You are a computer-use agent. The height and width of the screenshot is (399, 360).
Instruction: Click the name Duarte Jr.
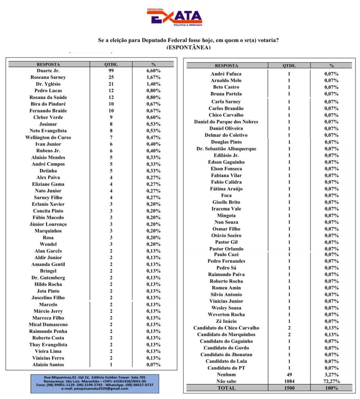[48, 71]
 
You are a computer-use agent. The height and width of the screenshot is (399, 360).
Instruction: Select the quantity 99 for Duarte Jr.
[111, 71]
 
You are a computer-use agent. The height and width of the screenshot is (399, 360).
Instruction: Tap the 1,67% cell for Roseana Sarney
[153, 77]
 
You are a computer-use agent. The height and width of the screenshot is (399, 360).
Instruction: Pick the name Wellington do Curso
[48, 137]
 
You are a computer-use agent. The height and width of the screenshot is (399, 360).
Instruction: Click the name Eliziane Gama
[48, 184]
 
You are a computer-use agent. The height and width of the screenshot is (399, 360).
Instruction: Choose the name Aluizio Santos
[48, 364]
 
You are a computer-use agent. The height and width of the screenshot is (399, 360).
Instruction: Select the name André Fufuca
[226, 74]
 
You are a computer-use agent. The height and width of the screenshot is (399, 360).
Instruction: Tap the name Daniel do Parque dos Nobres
[226, 122]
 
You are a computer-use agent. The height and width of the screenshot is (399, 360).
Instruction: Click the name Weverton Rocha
[226, 314]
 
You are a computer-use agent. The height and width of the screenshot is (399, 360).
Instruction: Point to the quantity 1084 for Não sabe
[289, 381]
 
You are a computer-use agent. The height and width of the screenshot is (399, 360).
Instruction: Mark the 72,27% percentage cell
[331, 381]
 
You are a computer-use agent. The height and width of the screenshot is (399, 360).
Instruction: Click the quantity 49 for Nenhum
[289, 374]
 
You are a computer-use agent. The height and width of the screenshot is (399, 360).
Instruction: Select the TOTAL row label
[226, 388]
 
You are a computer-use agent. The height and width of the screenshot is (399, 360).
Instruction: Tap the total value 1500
[289, 388]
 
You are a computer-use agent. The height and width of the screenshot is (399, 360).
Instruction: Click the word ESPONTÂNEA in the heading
[188, 47]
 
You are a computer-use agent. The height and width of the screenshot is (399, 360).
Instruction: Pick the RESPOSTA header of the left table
[48, 64]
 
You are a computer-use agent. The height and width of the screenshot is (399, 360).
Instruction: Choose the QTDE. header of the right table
[289, 66]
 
